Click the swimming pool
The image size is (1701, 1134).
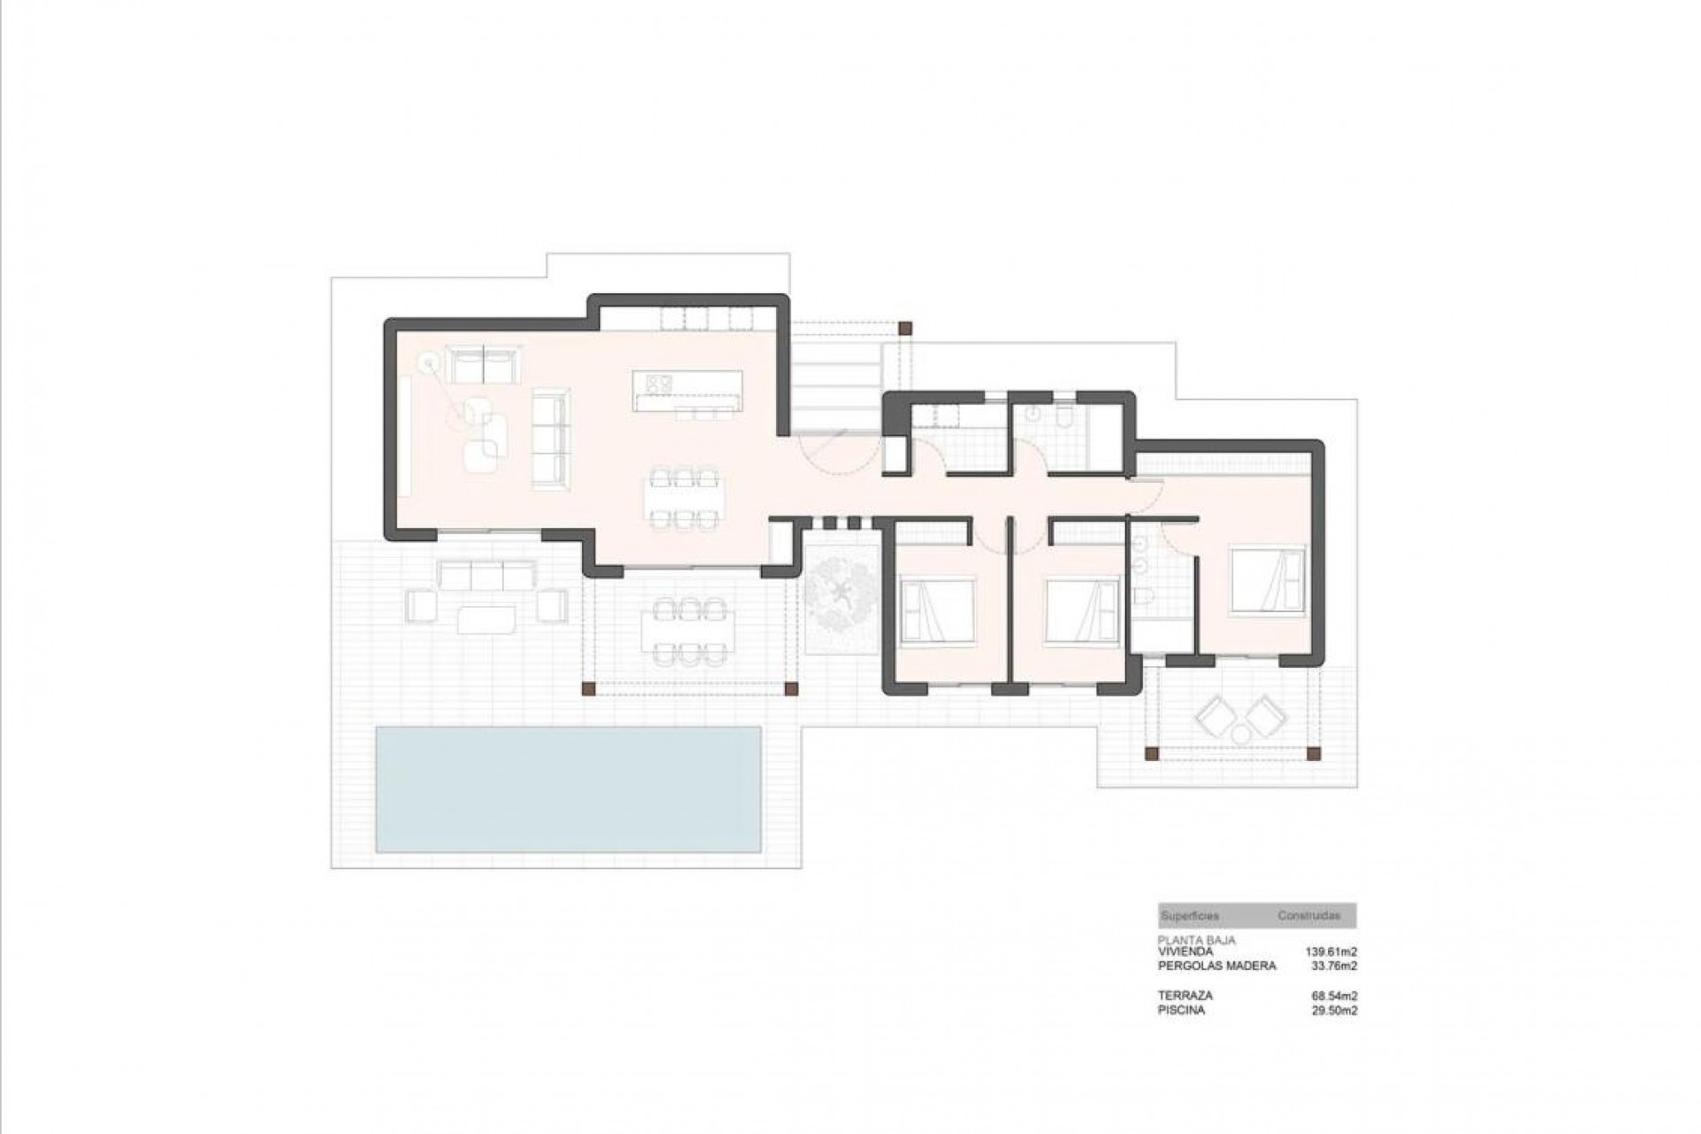coord(568,788)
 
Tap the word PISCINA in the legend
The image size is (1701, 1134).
coord(1181,1010)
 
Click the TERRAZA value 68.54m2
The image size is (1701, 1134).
coord(1334,996)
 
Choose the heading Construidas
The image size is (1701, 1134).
coord(1309,915)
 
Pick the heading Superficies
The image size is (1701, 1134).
coord(1190,915)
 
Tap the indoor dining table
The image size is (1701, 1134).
coord(682,500)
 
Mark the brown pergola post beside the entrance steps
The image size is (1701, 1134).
coord(905,328)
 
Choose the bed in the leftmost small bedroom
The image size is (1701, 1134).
coord(937,610)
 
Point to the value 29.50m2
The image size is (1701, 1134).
coord(1334,1010)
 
